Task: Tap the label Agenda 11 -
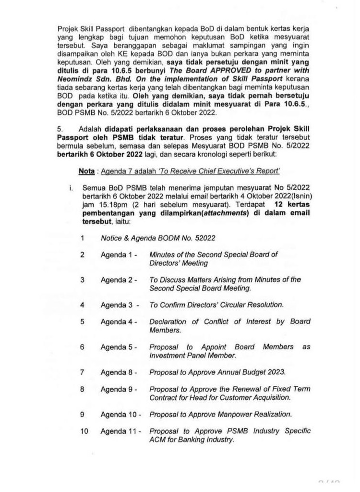(120, 431)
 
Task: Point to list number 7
(83, 372)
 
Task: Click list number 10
(84, 431)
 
